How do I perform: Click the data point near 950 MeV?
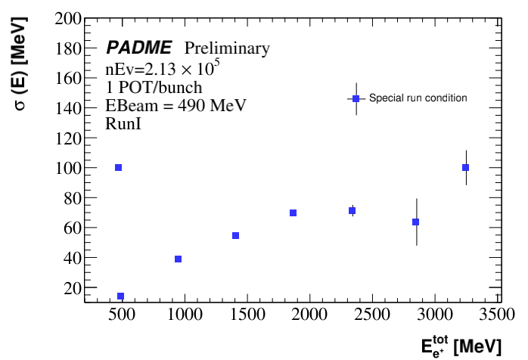tap(178, 259)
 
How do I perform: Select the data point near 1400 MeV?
tap(235, 236)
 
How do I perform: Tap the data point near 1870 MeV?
tap(293, 213)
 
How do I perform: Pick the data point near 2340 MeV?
tap(352, 210)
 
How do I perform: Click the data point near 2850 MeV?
tap(415, 222)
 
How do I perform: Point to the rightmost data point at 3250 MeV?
tap(465, 167)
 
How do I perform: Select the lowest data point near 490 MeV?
tap(120, 296)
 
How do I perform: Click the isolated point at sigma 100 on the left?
tap(118, 167)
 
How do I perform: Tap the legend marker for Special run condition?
tap(356, 98)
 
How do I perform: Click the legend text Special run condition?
tap(418, 98)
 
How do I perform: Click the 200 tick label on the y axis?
tap(67, 18)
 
